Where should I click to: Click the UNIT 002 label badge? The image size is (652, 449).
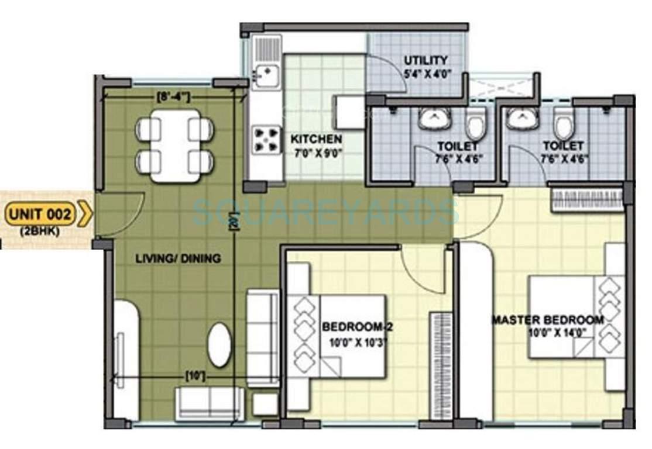[x=46, y=214]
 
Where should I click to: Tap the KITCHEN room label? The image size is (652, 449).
[x=316, y=140]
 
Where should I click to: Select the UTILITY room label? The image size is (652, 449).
[x=426, y=60]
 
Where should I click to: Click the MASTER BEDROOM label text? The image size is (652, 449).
[x=548, y=320]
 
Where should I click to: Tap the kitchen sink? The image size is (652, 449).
[x=266, y=75]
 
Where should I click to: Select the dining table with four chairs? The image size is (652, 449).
[x=174, y=146]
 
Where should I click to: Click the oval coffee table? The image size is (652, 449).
[x=219, y=345]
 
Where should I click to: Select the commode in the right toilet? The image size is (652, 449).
[x=564, y=126]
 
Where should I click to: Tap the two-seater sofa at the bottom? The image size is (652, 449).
[x=209, y=403]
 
